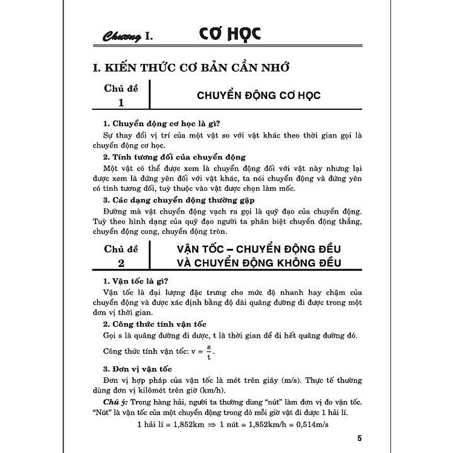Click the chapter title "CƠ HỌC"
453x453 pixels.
(x=230, y=34)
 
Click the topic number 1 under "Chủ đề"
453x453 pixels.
(x=120, y=102)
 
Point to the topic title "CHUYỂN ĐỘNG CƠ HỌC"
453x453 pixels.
(x=258, y=95)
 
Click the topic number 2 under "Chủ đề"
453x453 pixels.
(x=120, y=263)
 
